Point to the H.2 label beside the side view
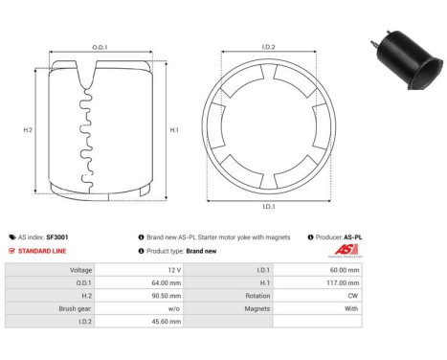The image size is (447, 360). pos(28,129)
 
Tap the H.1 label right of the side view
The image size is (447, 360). pos(173,129)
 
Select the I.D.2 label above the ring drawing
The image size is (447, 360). pos(268,46)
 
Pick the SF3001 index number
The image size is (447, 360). pos(57,236)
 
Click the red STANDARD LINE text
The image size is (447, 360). pos(41,251)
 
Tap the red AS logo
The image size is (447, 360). pos(346,251)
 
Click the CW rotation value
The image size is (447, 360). pos(354,297)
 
